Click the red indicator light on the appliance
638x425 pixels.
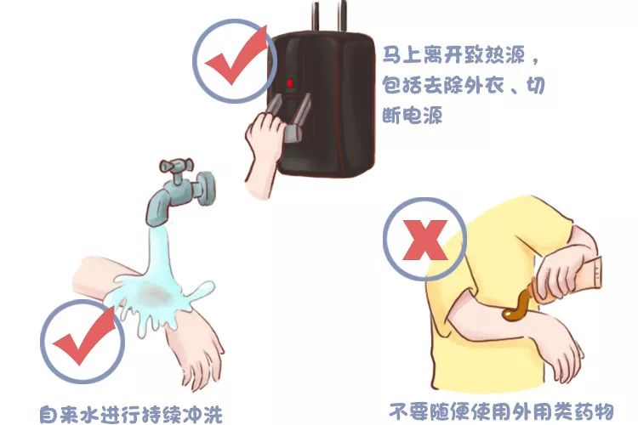click(290, 82)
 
